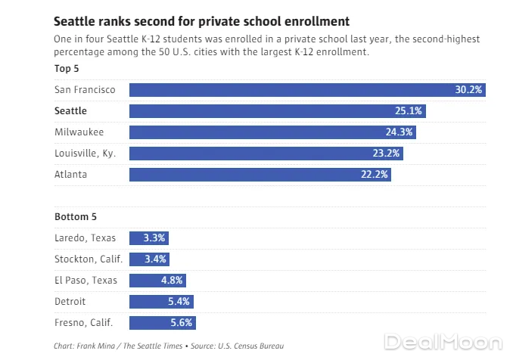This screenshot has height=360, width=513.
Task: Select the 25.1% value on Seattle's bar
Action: (x=409, y=111)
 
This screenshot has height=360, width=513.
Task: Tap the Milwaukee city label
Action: (x=79, y=132)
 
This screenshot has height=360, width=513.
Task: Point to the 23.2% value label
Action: (x=387, y=154)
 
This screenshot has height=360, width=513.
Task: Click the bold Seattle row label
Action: (x=70, y=111)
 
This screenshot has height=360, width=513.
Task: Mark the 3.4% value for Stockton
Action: (x=154, y=259)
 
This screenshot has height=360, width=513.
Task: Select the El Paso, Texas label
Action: (x=85, y=281)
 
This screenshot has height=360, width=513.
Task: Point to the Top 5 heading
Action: (x=67, y=69)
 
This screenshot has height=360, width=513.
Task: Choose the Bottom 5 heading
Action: (x=76, y=217)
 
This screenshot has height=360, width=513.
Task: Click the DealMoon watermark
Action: (x=443, y=342)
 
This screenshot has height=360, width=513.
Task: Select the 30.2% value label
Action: (x=469, y=90)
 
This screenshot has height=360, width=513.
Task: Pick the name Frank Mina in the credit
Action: (x=95, y=346)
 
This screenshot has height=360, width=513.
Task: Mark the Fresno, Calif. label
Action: (x=83, y=323)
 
